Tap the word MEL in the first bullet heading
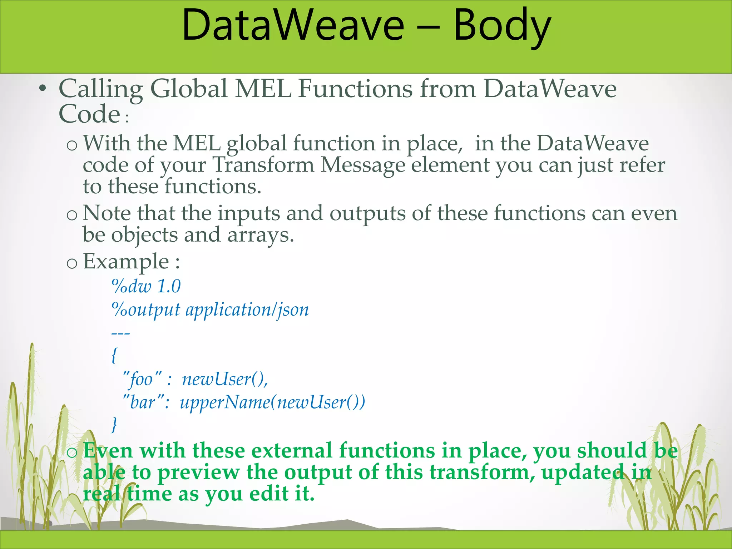263,88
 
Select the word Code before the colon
89,114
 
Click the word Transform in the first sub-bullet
263,165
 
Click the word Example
126,262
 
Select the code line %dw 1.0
146,286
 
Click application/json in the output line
247,310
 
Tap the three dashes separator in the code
120,333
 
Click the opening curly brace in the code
114,355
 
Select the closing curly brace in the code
114,425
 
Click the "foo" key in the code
142,379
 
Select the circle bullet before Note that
72,214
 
